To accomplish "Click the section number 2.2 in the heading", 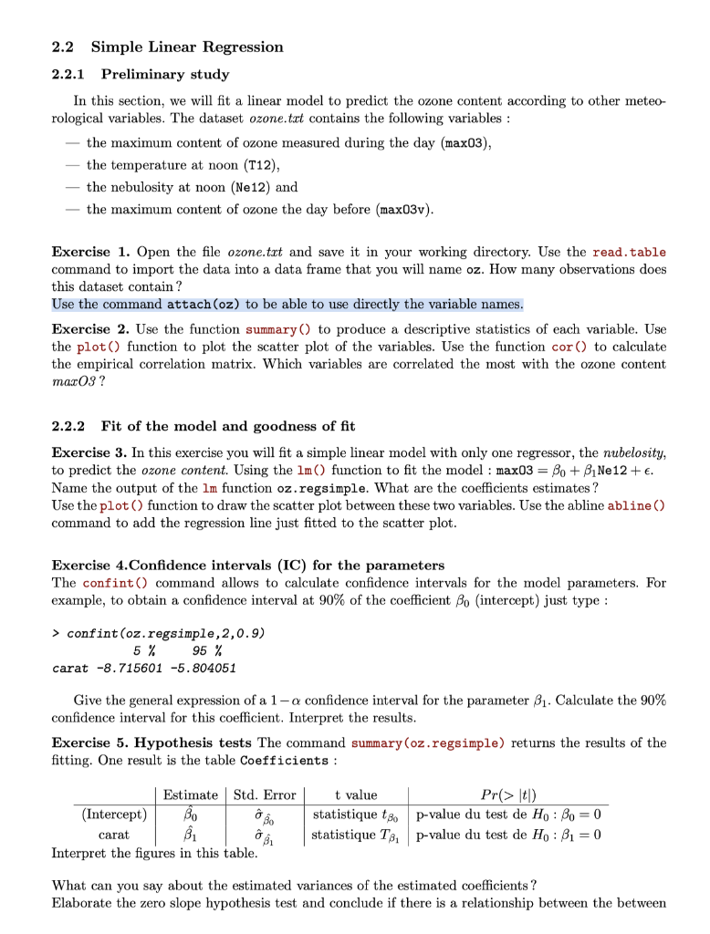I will click(63, 47).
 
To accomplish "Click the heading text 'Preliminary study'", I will click(165, 74).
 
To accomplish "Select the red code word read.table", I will click(629, 253).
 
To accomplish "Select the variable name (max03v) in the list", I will click(404, 210).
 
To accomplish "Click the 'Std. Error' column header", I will click(265, 795).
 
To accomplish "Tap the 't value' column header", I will click(356, 795).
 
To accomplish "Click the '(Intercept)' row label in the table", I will click(114, 814).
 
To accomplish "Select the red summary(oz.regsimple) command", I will click(427, 743).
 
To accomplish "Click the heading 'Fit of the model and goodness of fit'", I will click(228, 426).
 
